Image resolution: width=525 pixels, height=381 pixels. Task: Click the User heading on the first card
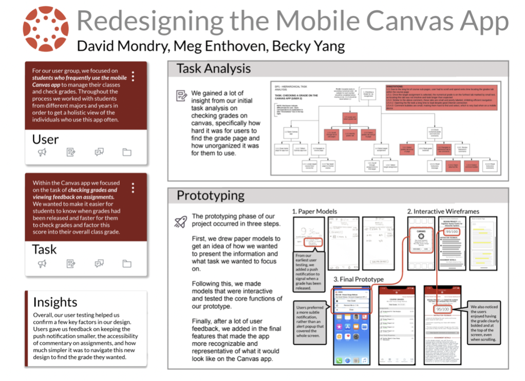(45, 139)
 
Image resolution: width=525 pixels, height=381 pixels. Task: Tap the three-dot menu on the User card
(133, 77)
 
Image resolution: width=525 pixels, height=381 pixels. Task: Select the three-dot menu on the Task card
(133, 187)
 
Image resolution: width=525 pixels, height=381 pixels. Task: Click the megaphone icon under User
(42, 152)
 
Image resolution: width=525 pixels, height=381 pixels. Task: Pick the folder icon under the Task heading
(127, 263)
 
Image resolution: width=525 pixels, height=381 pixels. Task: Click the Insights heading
(55, 302)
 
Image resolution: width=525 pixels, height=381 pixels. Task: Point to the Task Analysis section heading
(213, 68)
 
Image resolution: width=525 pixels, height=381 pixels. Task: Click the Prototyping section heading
(210, 195)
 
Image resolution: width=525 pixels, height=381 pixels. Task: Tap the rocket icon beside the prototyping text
(180, 221)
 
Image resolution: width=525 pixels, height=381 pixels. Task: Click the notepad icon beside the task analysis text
(181, 96)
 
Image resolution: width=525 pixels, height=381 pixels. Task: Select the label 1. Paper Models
(315, 211)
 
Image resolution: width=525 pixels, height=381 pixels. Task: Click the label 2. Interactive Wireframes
(442, 211)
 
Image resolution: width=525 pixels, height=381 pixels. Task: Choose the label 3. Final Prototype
(359, 279)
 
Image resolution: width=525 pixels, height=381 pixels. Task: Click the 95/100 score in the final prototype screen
(443, 309)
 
